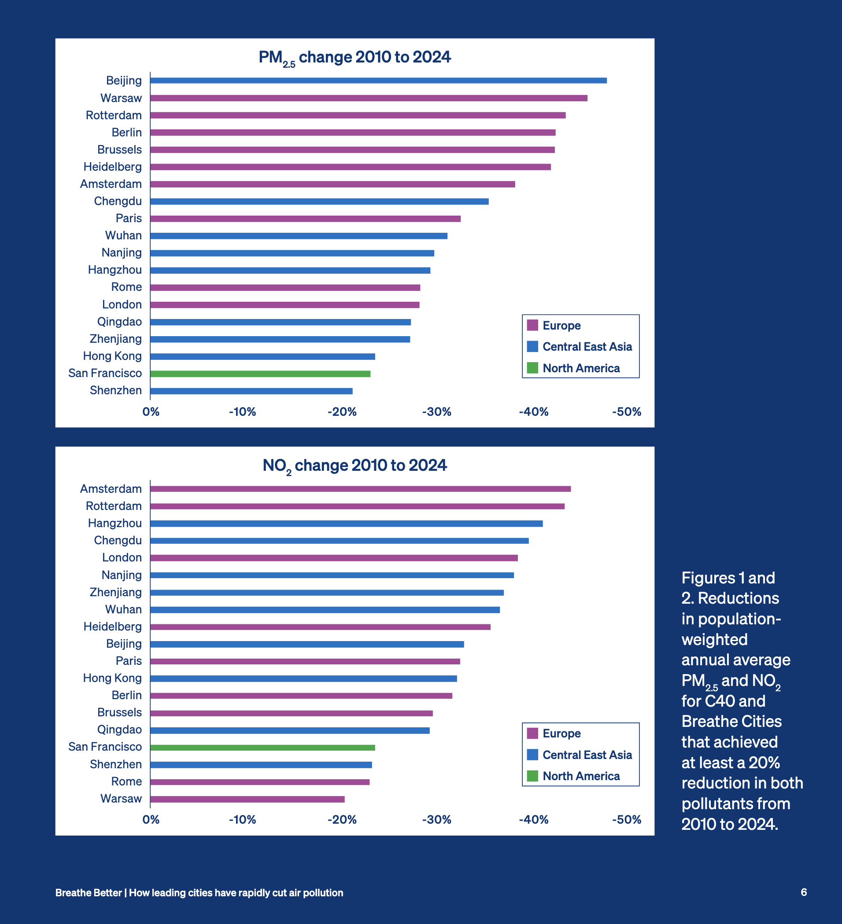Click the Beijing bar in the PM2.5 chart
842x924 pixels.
click(378, 81)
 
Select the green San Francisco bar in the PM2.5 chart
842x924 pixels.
click(260, 374)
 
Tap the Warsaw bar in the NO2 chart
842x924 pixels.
click(247, 799)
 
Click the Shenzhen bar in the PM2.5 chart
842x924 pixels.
click(251, 391)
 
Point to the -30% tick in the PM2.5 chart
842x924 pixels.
click(436, 411)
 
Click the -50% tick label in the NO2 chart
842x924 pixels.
click(627, 819)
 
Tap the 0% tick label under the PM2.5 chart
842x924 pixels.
click(151, 411)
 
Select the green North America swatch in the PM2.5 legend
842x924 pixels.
click(532, 368)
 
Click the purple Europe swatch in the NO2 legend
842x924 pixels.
click(532, 733)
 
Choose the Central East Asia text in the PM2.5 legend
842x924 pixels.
click(587, 347)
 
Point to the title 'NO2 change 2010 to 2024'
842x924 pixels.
click(355, 466)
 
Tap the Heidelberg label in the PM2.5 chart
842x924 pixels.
click(112, 167)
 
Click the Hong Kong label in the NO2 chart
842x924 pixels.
click(112, 678)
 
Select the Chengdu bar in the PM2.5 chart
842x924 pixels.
click(319, 201)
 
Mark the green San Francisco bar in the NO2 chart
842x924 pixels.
click(262, 748)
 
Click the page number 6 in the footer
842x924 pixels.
click(804, 892)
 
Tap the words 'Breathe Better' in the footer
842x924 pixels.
click(89, 893)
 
